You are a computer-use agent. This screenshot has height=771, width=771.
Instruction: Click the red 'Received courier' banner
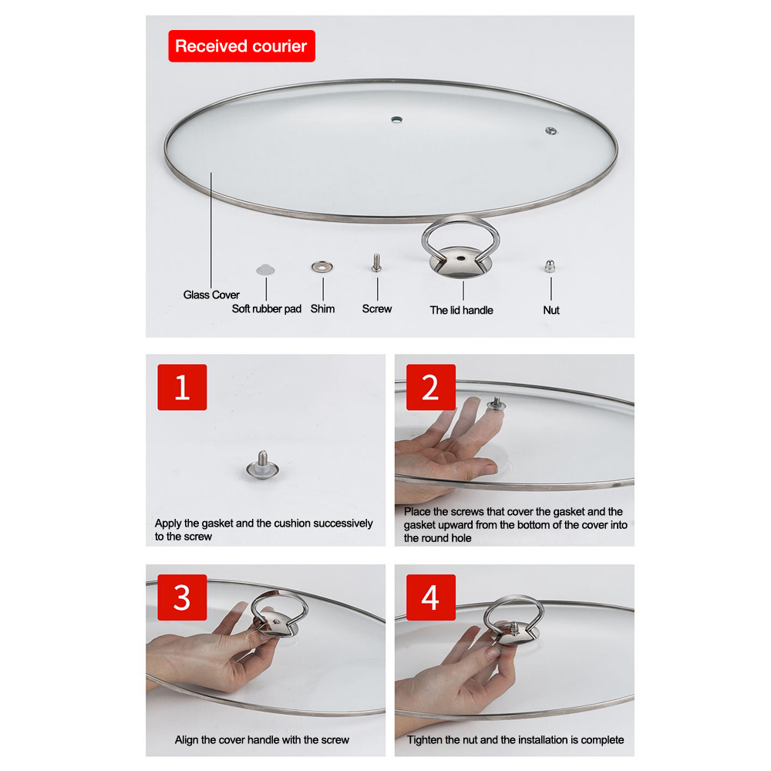(241, 46)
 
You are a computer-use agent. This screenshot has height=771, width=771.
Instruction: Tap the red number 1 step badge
(182, 387)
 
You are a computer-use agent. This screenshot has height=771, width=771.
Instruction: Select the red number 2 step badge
(430, 387)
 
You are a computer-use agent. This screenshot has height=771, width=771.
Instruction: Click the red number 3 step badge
(182, 598)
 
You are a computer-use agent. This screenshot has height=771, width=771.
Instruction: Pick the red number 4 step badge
(430, 598)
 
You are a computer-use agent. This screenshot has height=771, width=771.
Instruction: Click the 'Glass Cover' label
(211, 295)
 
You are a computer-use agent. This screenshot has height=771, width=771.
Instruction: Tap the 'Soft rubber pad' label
(267, 309)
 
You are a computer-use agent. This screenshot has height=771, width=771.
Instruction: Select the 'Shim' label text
(322, 308)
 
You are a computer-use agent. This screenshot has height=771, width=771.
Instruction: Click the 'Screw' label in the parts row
(377, 308)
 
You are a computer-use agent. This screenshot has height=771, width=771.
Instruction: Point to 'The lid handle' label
(461, 310)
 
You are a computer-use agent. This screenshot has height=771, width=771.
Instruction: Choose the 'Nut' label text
(551, 310)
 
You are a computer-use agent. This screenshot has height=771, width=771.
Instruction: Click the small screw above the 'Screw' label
(376, 263)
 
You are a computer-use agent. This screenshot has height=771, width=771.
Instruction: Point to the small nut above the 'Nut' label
(551, 266)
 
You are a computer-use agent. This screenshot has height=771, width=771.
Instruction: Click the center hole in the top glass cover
(396, 119)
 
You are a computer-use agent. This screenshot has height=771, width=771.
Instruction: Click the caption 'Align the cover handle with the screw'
(262, 739)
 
